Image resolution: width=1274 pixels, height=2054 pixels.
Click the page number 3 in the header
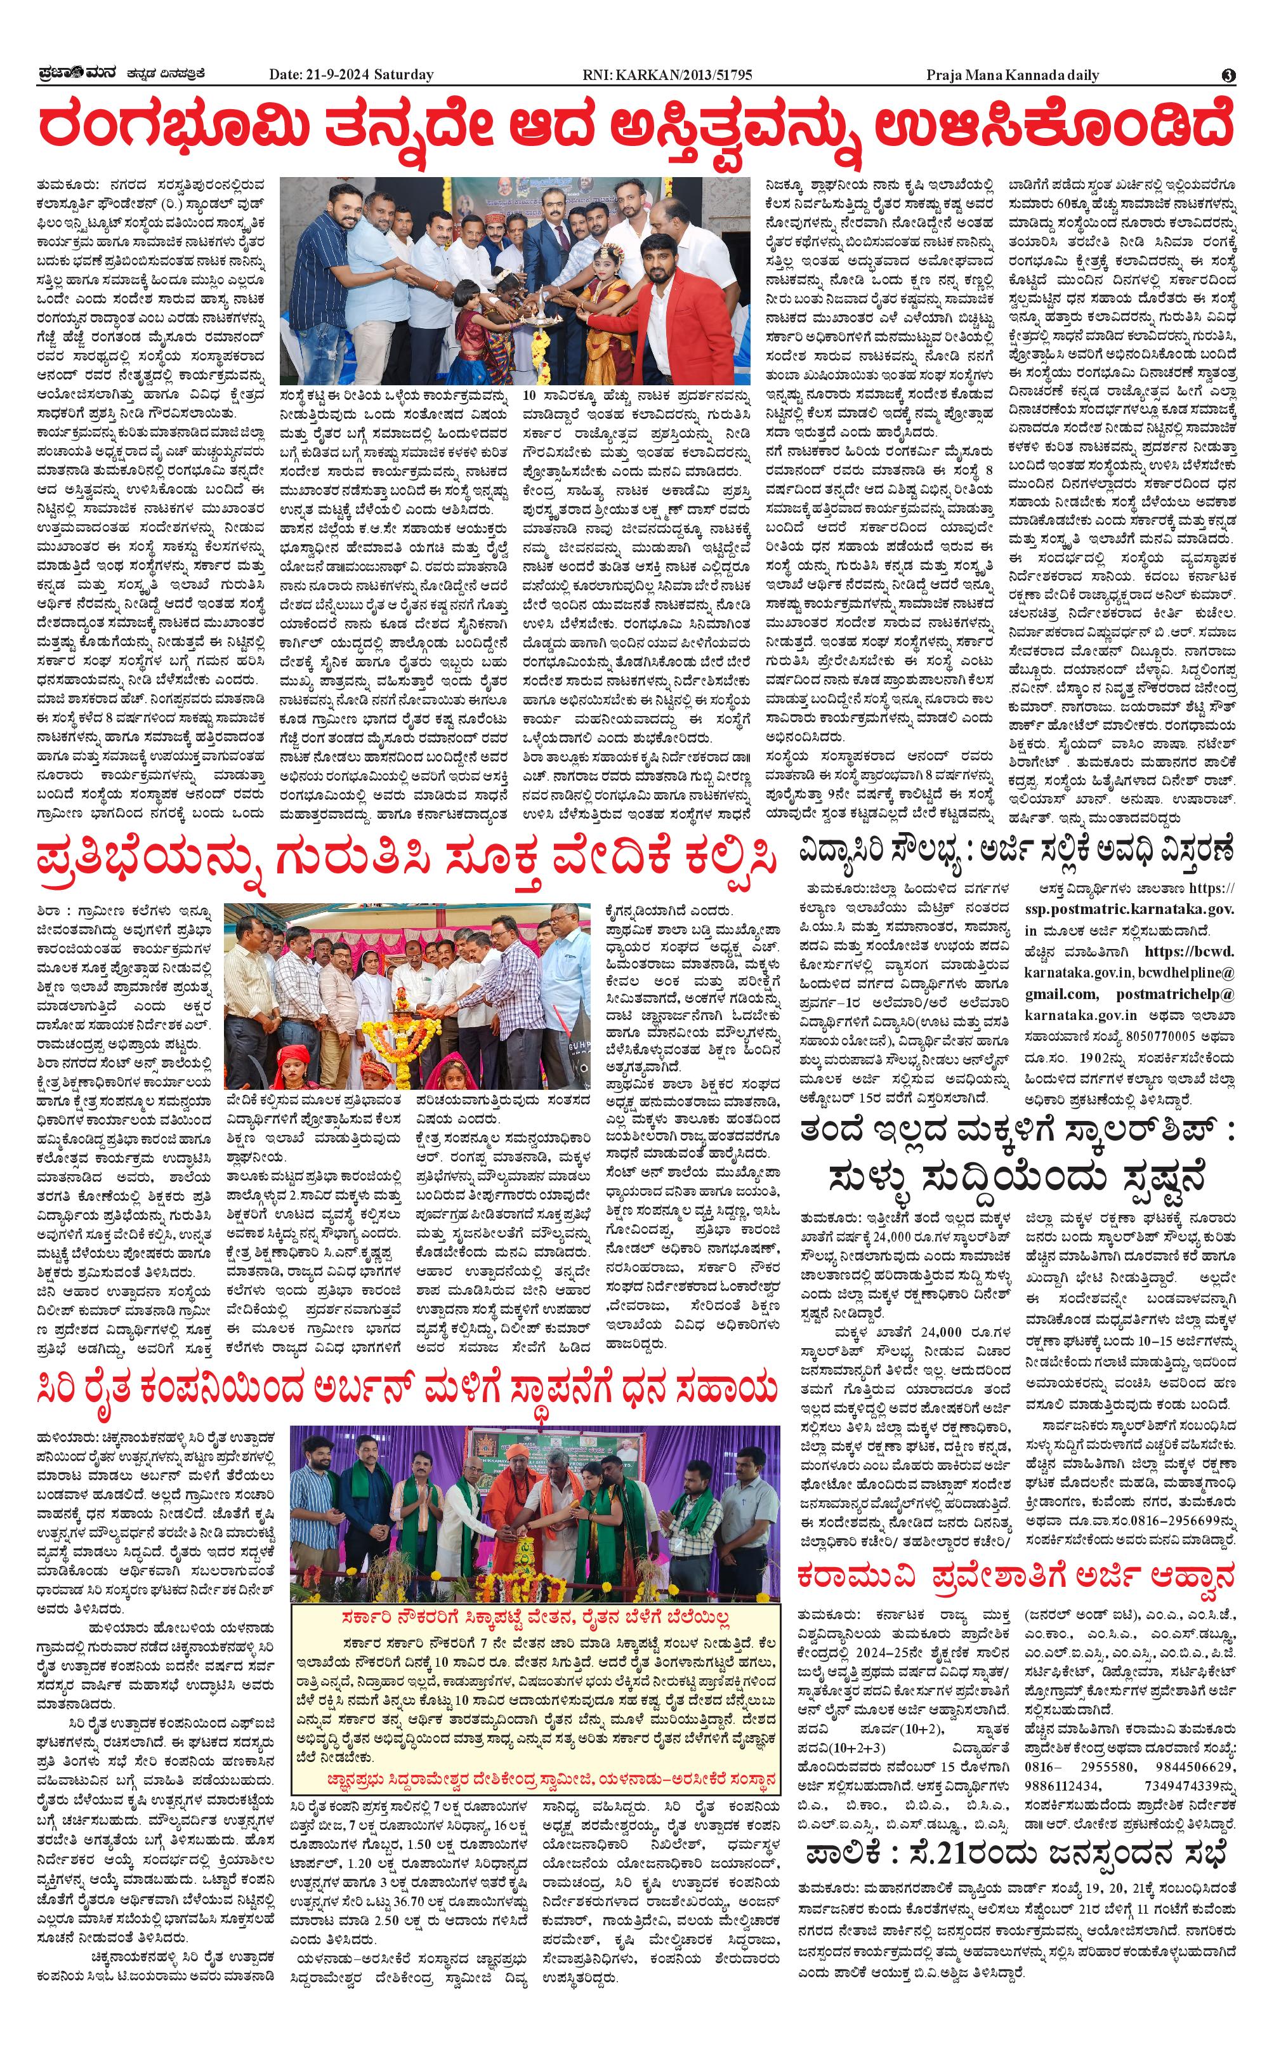(x=1228, y=75)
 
